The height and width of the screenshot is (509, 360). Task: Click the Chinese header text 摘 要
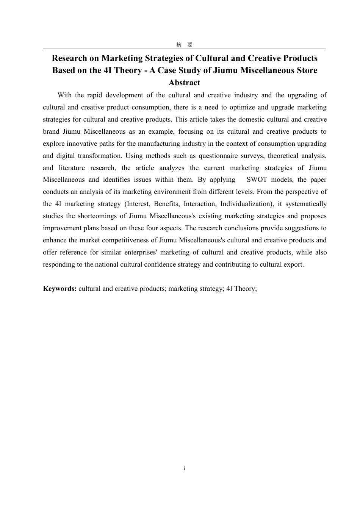pos(184,45)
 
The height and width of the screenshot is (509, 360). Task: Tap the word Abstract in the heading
pos(184,83)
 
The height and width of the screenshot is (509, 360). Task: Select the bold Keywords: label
pos(60,289)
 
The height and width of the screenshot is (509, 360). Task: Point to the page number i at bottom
pos(184,468)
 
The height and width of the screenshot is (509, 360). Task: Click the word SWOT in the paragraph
pos(257,180)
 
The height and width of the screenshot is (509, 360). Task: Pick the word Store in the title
pos(307,70)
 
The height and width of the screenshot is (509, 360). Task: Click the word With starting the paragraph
pos(65,95)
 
